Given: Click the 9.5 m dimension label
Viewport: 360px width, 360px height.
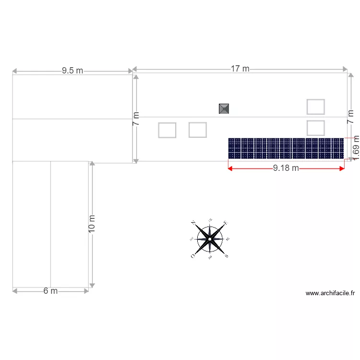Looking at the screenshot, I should [72, 71].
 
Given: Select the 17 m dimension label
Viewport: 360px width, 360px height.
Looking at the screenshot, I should [240, 69].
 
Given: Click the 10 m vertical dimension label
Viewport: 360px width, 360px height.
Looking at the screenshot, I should [92, 224].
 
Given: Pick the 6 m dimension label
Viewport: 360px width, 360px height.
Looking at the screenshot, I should [50, 291].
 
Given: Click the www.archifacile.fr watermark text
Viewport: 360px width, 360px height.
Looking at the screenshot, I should [330, 293].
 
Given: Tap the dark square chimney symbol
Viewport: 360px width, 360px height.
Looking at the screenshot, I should [224, 109].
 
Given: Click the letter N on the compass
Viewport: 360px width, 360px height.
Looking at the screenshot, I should [193, 223].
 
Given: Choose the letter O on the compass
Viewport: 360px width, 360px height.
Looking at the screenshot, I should [193, 256].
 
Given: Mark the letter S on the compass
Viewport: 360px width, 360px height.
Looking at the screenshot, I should [226, 256].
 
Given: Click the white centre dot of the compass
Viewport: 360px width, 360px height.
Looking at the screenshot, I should [210, 239].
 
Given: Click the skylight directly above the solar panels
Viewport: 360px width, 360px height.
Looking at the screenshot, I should [315, 128].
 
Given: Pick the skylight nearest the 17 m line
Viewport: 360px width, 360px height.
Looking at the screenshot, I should [315, 107].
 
